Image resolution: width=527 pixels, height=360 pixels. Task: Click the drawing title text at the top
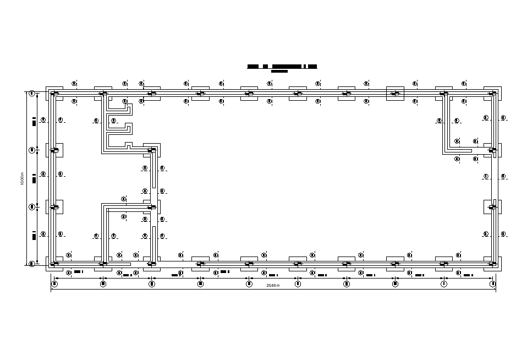tap(282, 67)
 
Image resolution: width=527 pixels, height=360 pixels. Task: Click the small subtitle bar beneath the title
tap(279, 72)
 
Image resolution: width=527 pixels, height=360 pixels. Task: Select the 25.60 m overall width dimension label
tap(273, 286)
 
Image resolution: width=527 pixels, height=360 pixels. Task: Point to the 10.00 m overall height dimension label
tap(23, 178)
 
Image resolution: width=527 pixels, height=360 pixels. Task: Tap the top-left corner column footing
tap(54, 93)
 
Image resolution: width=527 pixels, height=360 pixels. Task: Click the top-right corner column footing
tap(492, 93)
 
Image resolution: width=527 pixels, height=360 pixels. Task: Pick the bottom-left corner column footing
tap(54, 264)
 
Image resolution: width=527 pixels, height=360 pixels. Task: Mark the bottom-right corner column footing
tap(492, 264)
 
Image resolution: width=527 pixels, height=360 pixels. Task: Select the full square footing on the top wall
tap(395, 94)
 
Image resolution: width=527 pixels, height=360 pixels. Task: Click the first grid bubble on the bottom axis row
tap(54, 284)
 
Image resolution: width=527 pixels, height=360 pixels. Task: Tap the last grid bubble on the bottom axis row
tap(492, 284)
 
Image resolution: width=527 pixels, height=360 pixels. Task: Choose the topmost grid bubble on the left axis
tap(32, 94)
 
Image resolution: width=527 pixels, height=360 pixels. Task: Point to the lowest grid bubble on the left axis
tap(32, 264)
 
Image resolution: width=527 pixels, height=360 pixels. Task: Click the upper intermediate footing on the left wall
tap(54, 150)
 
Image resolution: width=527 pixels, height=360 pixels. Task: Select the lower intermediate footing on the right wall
tap(492, 207)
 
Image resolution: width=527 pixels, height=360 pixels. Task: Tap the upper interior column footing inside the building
tap(152, 150)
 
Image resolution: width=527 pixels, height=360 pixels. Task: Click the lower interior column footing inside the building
tap(152, 207)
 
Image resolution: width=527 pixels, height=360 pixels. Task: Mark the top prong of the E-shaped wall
tap(120, 108)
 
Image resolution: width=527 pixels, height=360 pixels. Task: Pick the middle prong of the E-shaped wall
tap(120, 128)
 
